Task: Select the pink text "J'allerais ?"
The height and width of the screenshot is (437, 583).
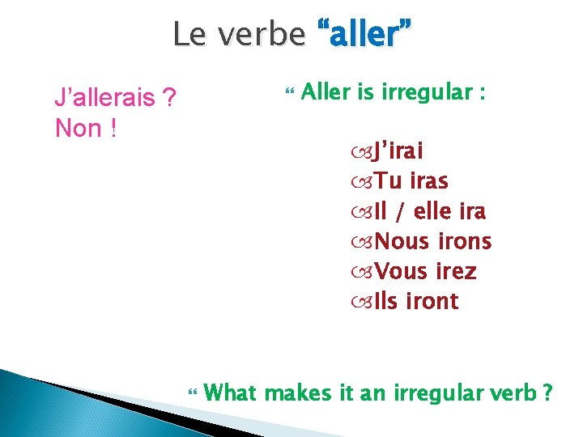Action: click(116, 99)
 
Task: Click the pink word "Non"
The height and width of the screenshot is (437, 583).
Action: click(77, 128)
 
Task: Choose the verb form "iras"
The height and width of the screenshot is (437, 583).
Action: click(429, 181)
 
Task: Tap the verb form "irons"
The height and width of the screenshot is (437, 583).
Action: click(464, 241)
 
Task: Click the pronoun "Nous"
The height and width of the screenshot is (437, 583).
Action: click(403, 241)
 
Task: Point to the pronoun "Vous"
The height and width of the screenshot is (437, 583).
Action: click(402, 271)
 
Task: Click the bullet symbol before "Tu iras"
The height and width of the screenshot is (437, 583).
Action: click(361, 182)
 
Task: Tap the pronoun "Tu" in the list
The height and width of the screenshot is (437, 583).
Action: click(386, 181)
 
